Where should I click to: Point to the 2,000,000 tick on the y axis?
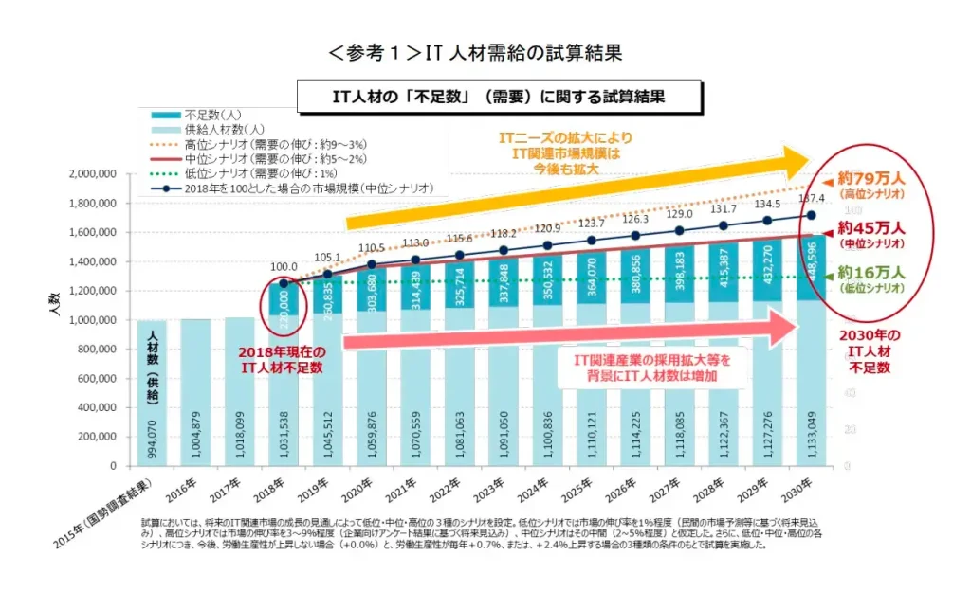pos(91,174)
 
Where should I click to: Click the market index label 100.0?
pos(283,267)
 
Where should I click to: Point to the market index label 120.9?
pos(548,228)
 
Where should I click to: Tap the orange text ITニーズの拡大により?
pos(566,137)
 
